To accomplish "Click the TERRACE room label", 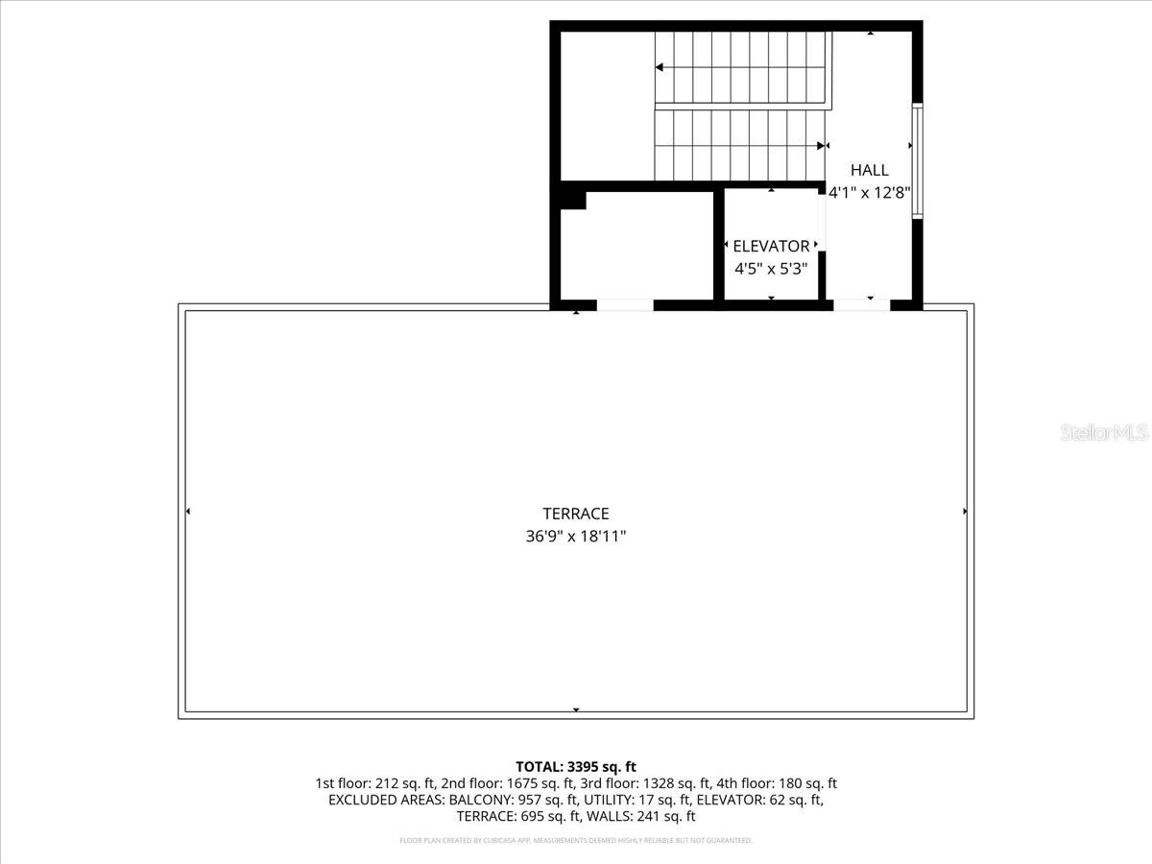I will click(x=576, y=514).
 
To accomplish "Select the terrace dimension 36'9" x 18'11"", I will click(x=576, y=537).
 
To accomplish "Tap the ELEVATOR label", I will click(x=771, y=246).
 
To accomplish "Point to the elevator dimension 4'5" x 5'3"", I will click(x=771, y=269).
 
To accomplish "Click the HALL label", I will click(x=870, y=170).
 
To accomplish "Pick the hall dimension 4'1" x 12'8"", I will click(x=870, y=192).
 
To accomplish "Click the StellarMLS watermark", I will click(x=1104, y=433).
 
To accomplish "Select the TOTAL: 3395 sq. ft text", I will click(x=576, y=766).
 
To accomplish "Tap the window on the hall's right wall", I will click(x=917, y=160).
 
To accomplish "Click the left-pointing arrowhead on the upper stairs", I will click(x=660, y=67).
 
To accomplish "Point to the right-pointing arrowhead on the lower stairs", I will click(x=821, y=146).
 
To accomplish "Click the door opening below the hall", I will click(x=861, y=305).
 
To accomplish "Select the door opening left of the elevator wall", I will click(x=625, y=305).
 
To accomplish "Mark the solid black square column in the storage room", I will click(x=573, y=199).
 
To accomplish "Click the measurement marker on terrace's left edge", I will click(x=187, y=512).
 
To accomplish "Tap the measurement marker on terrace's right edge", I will click(x=965, y=512).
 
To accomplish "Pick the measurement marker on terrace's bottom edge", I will click(x=576, y=710).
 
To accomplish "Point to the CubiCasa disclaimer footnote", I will click(x=576, y=841).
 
